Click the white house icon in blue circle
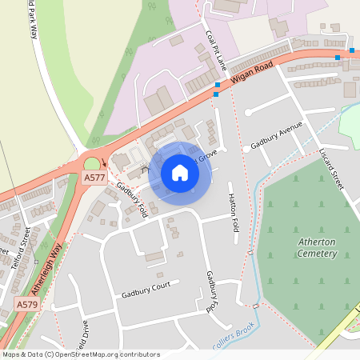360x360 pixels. tap(180, 173)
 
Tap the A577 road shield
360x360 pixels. tap(94, 178)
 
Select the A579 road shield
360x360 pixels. tap(27, 304)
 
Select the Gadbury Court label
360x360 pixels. tap(146, 290)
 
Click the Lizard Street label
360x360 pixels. tap(330, 169)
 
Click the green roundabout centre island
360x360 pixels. tap(93, 164)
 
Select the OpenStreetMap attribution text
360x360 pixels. tap(81, 354)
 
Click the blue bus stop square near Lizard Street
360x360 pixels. tap(338, 58)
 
